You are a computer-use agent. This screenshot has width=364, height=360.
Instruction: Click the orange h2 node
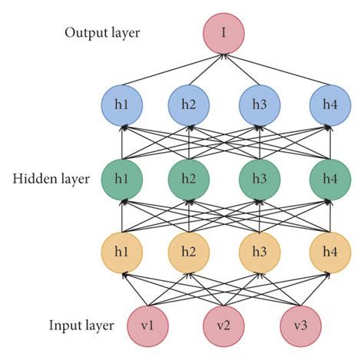coord(188,252)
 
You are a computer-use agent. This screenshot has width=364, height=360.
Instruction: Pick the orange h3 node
coord(258,252)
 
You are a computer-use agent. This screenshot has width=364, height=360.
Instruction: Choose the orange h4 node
coord(328,252)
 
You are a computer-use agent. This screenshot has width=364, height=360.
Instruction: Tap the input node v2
coord(223,326)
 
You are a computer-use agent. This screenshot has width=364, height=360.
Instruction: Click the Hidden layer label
coord(53,180)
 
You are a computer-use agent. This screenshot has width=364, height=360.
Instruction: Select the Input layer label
coord(81,326)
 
